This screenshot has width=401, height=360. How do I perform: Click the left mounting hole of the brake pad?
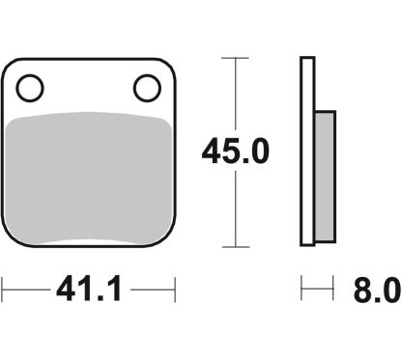[30, 88]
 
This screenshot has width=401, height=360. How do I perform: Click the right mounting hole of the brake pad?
[147, 88]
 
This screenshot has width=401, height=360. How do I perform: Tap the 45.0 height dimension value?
[235, 151]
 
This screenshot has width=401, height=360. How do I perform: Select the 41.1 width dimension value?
[90, 289]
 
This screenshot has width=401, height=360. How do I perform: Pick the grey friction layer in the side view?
[325, 177]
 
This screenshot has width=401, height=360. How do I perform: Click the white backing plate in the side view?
[307, 152]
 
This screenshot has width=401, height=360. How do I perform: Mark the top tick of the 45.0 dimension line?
[236, 58]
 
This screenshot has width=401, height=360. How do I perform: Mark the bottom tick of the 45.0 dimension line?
[236, 247]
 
